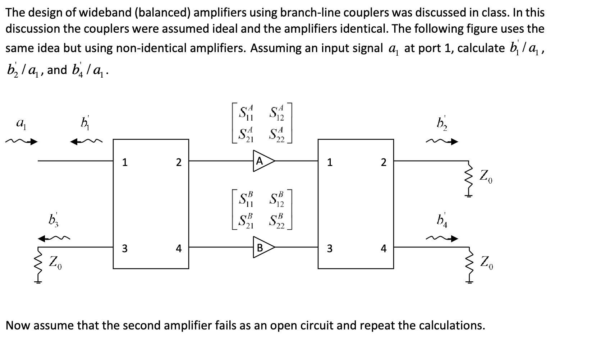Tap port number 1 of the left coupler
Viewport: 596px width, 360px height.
coord(124,162)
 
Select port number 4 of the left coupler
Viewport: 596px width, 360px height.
coord(179,248)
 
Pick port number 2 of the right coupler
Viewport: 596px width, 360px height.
coord(384,162)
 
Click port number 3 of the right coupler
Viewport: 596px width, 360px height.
coord(330,248)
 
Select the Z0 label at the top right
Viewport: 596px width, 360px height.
coord(486,177)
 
